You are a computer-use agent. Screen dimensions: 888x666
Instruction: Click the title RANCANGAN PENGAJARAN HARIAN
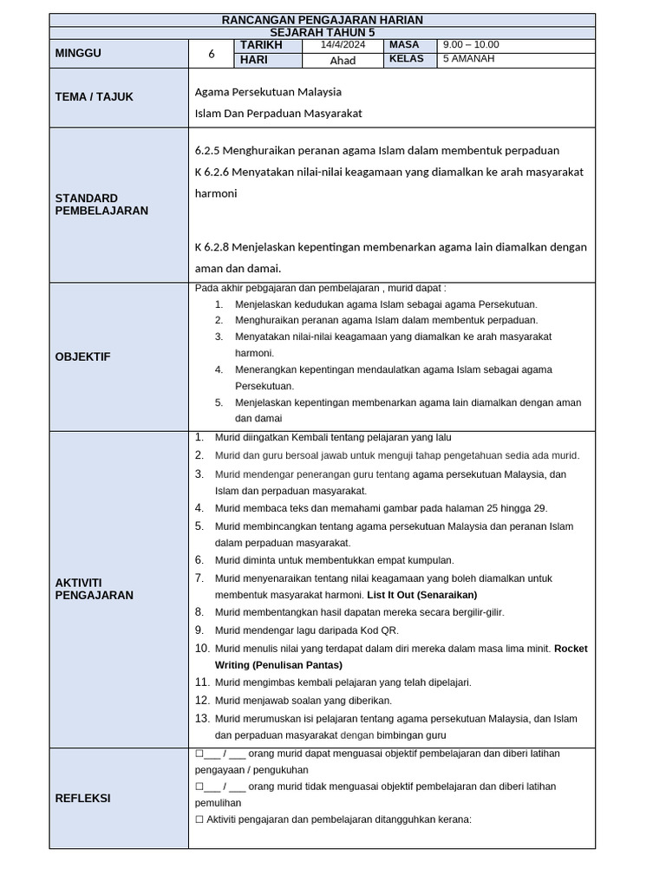[x=322, y=20]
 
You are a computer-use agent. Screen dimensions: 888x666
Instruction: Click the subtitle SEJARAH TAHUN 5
[x=322, y=32]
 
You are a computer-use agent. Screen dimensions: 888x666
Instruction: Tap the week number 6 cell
[x=212, y=53]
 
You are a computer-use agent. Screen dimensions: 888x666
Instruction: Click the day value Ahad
[x=343, y=61]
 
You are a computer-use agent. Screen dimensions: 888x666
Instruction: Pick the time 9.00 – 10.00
[x=471, y=45]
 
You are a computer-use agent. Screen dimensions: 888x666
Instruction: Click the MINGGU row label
[x=78, y=53]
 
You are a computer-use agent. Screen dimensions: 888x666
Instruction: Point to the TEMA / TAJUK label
[x=94, y=97]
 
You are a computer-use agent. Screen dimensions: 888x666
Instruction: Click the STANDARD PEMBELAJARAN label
[x=101, y=205]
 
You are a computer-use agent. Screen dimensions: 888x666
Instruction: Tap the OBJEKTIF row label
[x=82, y=356]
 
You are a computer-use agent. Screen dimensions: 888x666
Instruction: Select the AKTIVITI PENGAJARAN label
[x=94, y=589]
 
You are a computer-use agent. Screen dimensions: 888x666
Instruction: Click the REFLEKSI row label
[x=82, y=798]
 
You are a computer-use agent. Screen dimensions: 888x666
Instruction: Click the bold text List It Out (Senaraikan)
[x=421, y=595]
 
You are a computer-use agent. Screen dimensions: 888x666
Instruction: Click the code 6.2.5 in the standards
[x=208, y=150]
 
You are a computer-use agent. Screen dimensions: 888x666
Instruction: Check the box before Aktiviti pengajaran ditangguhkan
[x=199, y=819]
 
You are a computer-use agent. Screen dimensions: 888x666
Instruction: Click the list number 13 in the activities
[x=202, y=718]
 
